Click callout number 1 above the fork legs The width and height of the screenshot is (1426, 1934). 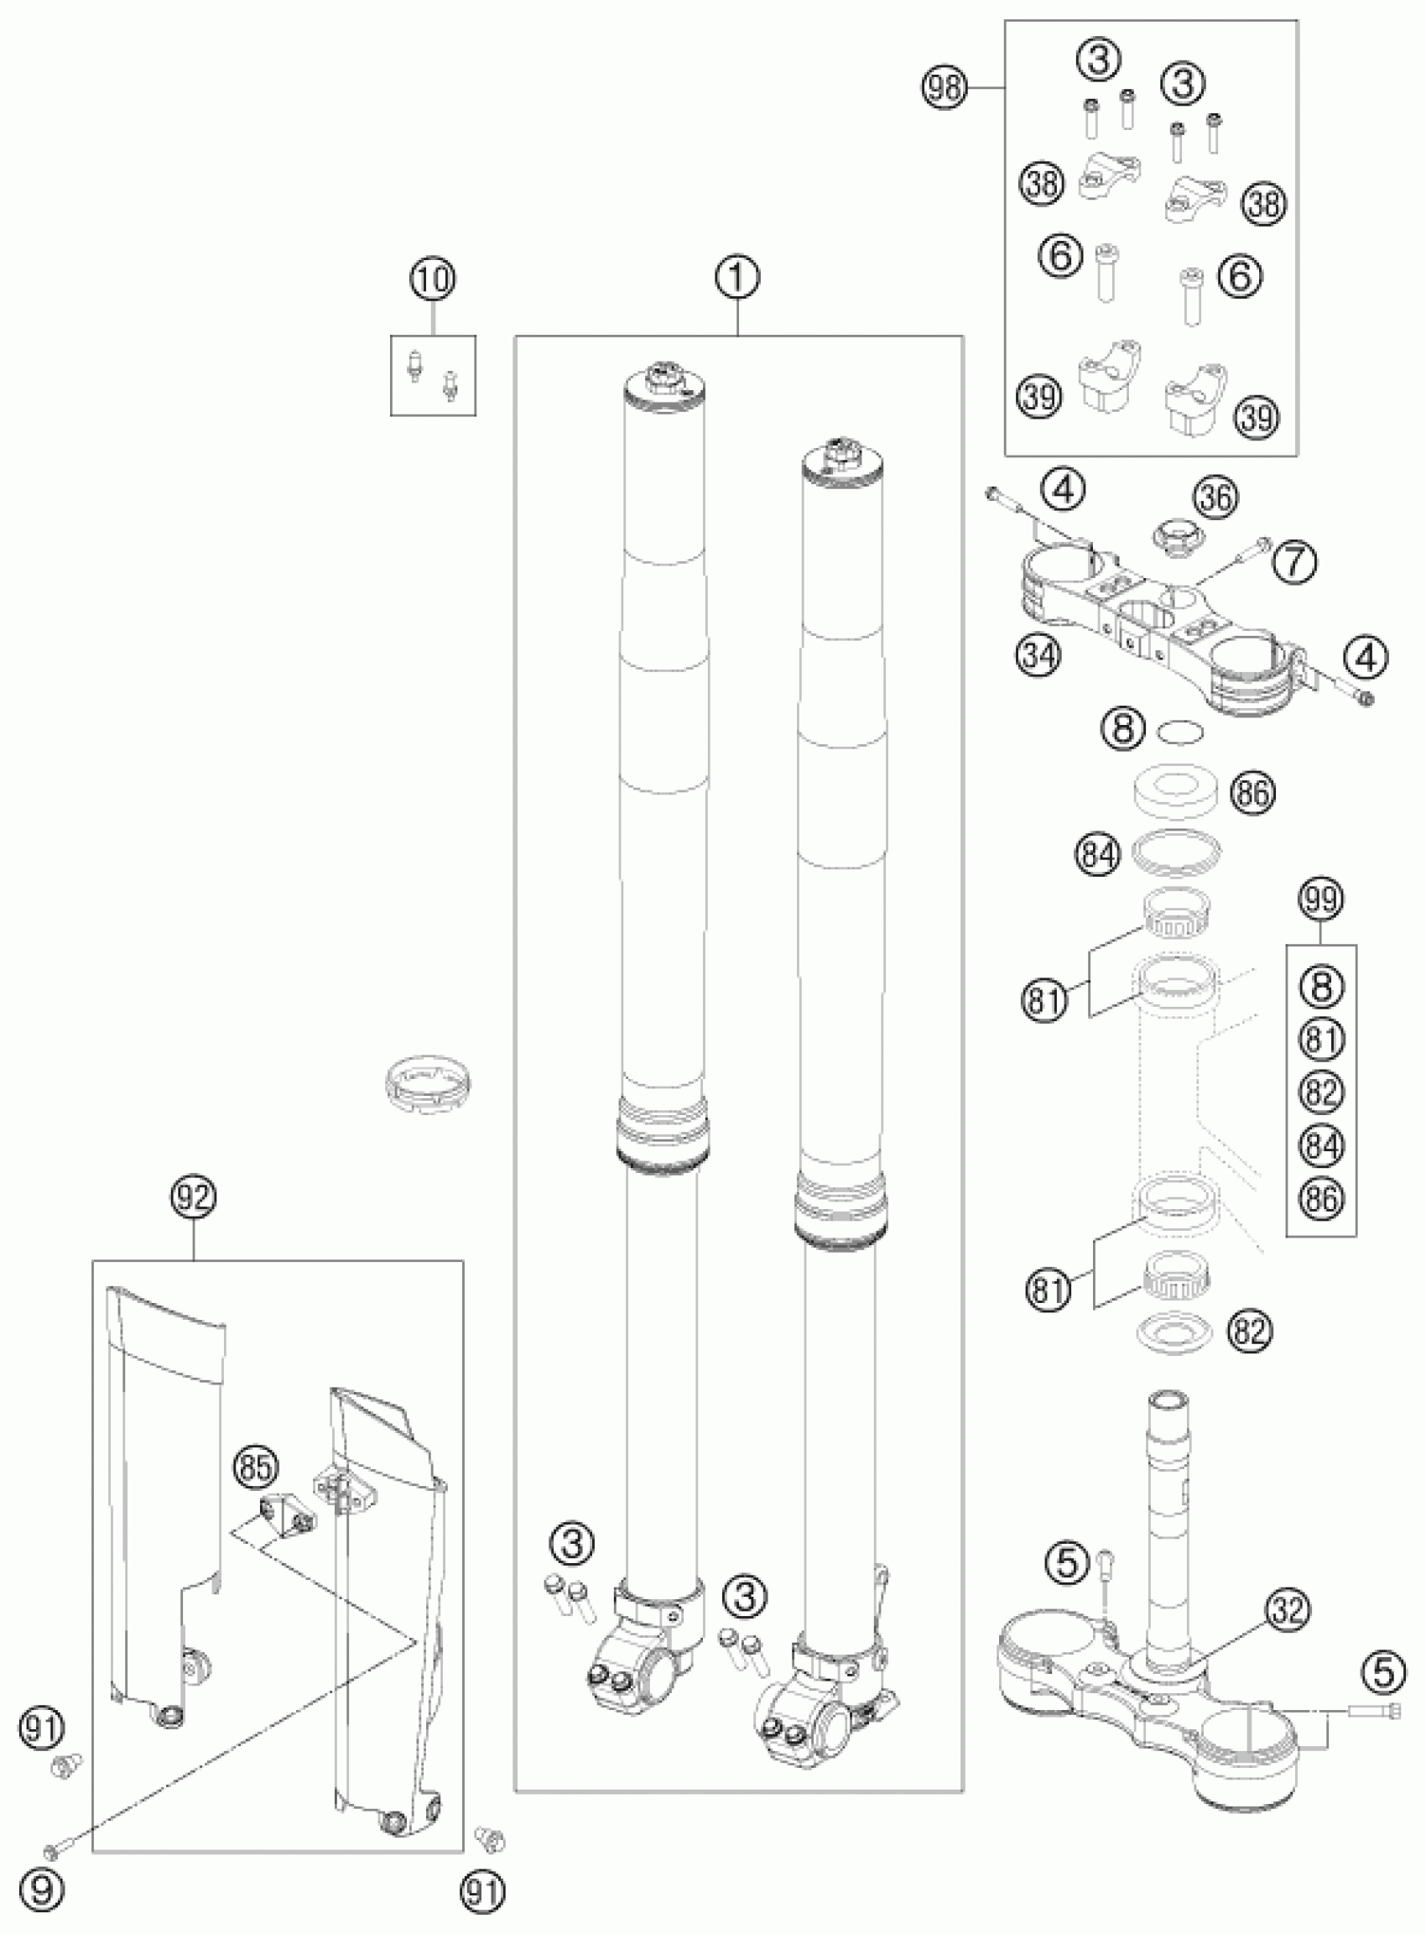[738, 279]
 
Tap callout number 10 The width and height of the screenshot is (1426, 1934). [434, 280]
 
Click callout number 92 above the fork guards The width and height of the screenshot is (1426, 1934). [194, 1197]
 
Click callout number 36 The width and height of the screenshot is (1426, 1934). [1217, 498]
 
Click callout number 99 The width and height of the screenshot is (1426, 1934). [1321, 900]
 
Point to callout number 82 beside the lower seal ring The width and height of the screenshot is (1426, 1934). [1249, 1331]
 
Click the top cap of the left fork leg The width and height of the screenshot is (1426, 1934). [665, 386]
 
